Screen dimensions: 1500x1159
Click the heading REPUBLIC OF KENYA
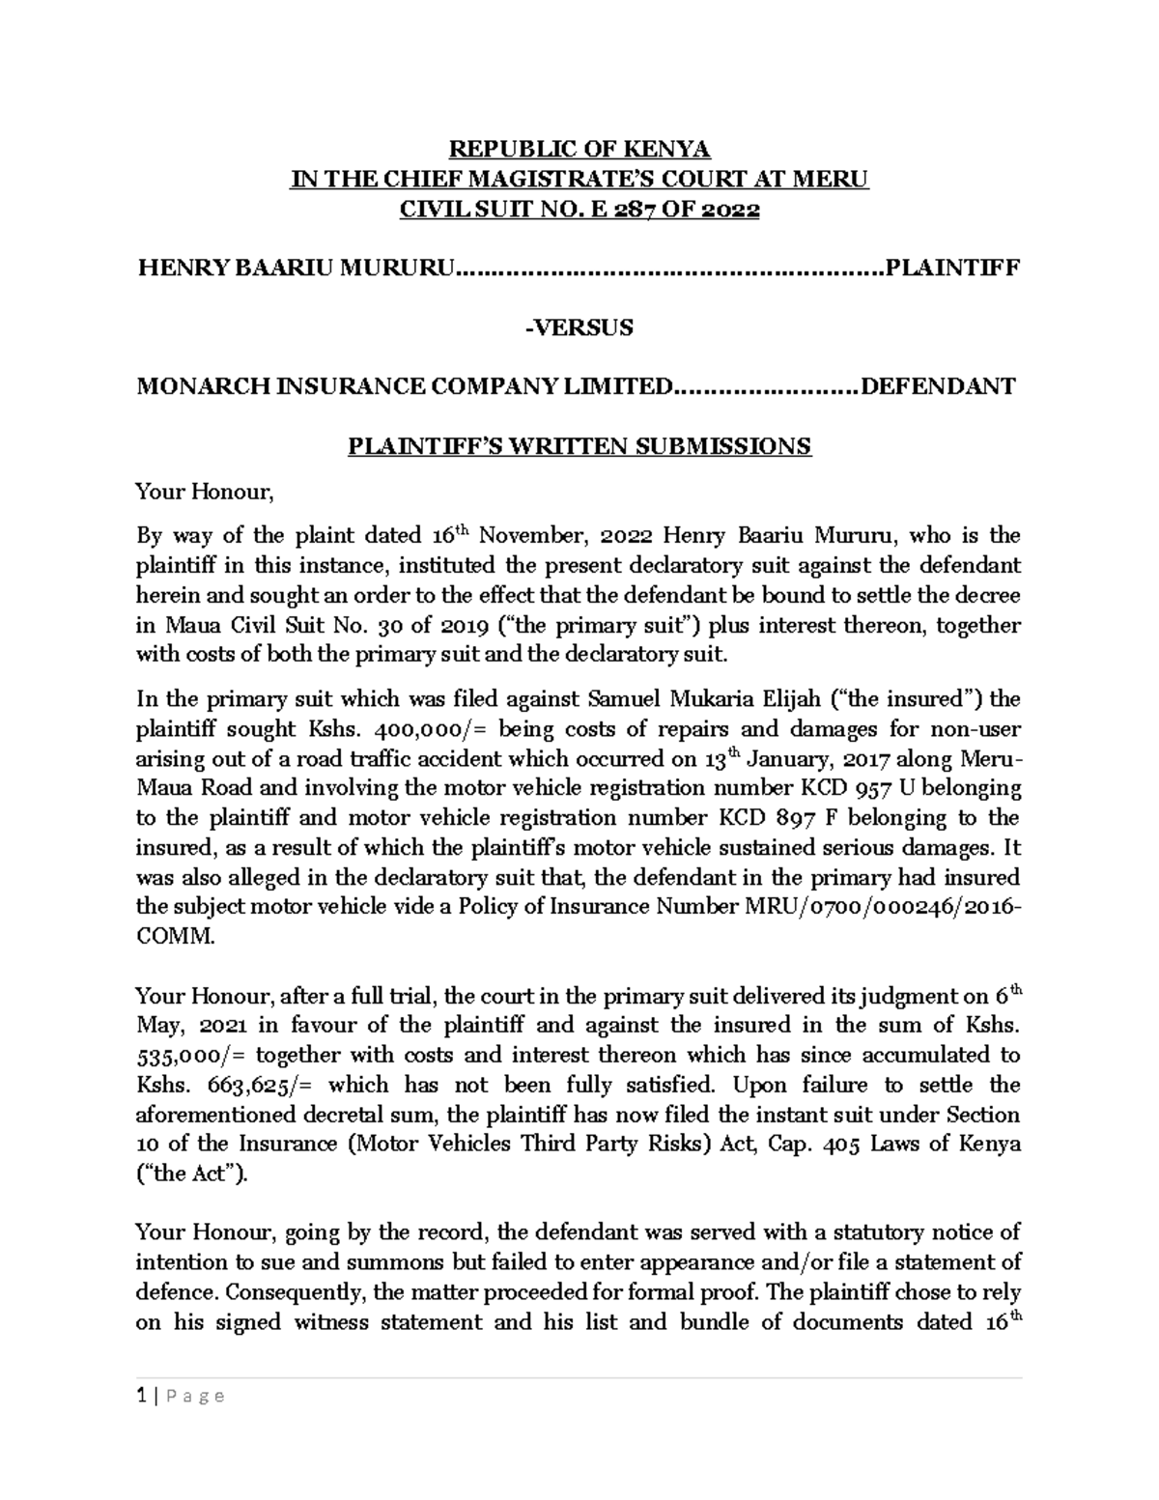pos(579,150)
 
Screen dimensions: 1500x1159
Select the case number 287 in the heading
pos(627,210)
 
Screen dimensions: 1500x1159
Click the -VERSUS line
pos(579,327)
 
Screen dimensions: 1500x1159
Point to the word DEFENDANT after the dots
pos(938,387)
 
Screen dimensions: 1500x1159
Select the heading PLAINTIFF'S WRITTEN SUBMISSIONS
pos(579,446)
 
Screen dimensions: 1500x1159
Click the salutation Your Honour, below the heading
pos(206,493)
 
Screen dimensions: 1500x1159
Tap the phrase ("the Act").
pos(192,1175)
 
